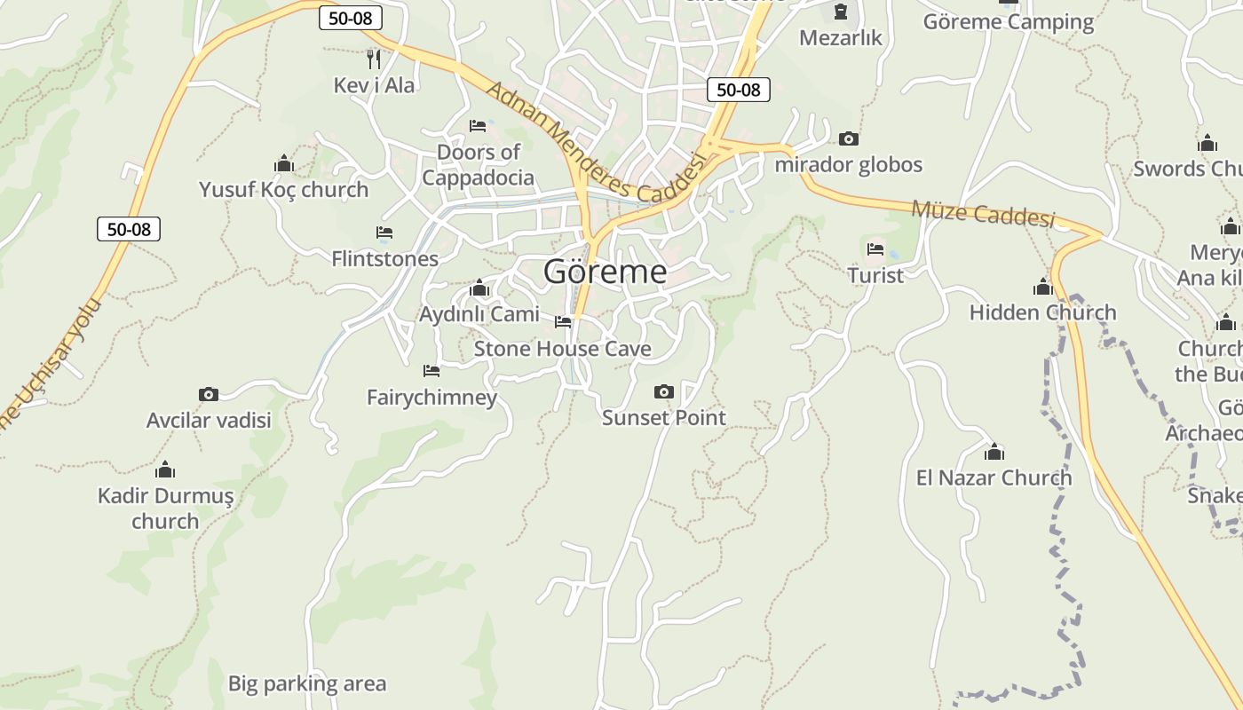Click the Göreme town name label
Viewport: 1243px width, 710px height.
[x=605, y=272]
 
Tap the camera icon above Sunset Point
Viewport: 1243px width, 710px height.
[x=663, y=391]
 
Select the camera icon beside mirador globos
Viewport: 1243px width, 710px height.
[x=849, y=139]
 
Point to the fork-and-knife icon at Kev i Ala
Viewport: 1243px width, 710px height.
[x=374, y=59]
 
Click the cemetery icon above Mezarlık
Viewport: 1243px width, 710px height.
[x=840, y=12]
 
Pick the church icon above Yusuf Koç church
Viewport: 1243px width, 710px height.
[x=284, y=164]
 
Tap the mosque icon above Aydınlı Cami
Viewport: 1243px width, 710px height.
[x=479, y=288]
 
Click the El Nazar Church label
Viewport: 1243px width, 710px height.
[x=994, y=477]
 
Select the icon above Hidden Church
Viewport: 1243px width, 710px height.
[x=1043, y=288]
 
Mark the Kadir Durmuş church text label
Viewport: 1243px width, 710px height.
[x=165, y=508]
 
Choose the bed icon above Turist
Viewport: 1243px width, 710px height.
[x=875, y=249]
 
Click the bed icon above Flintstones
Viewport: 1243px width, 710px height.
[x=384, y=233]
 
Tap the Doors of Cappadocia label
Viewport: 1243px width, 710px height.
[x=478, y=164]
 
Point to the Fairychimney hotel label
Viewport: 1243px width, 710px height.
[x=431, y=397]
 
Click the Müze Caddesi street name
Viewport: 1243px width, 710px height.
[x=983, y=213]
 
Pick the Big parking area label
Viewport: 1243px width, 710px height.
[x=307, y=683]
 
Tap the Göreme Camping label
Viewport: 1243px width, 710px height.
[x=1009, y=22]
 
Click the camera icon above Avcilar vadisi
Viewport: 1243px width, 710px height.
[x=209, y=394]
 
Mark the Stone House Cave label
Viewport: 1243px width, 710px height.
[x=562, y=349]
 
